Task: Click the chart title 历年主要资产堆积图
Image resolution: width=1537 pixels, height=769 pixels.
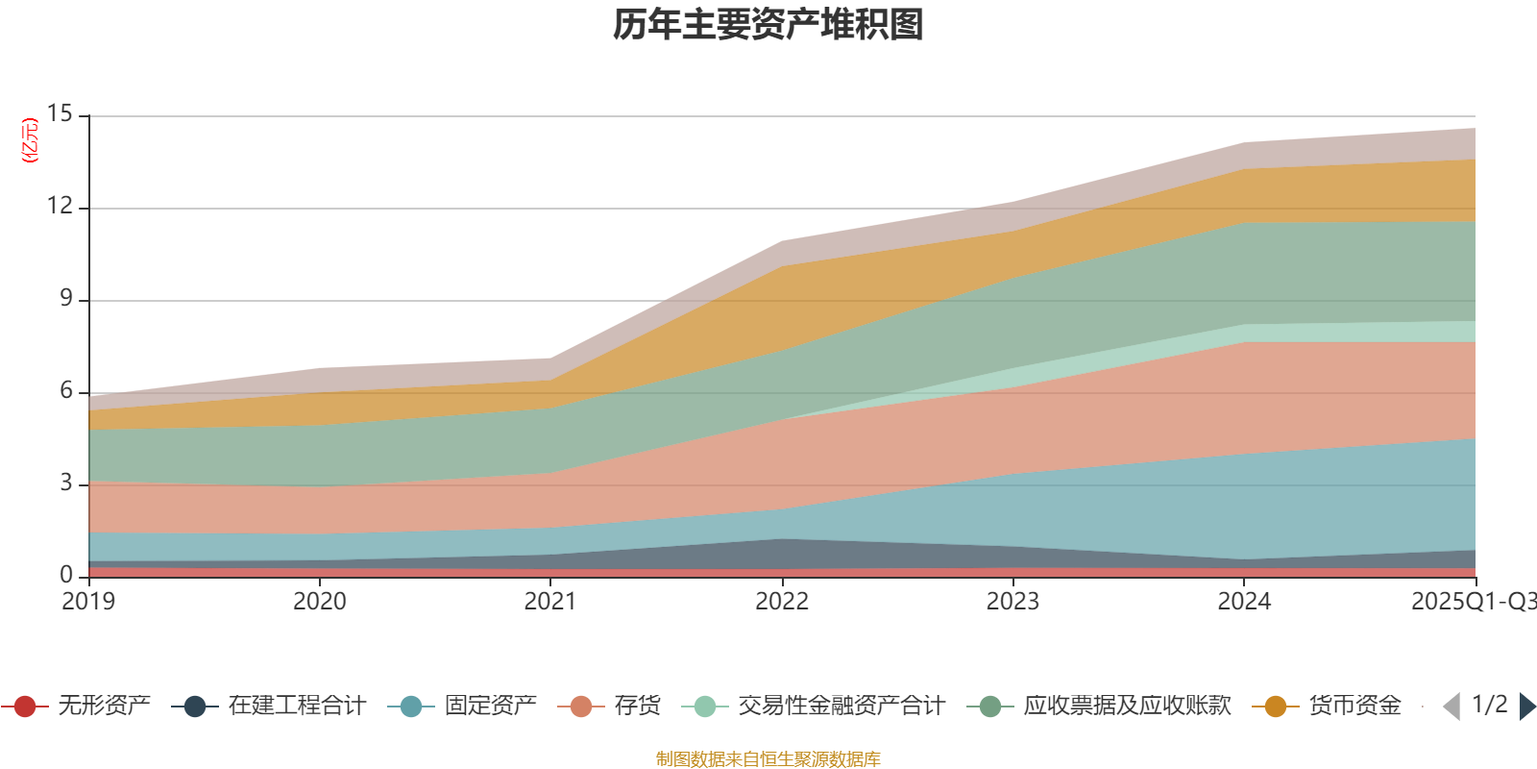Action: (768, 26)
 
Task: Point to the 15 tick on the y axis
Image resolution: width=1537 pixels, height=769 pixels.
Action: (60, 113)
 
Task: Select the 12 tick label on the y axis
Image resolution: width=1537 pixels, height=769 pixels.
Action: (60, 206)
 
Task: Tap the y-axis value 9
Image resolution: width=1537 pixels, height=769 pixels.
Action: (65, 298)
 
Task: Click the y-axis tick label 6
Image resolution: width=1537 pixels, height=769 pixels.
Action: (65, 390)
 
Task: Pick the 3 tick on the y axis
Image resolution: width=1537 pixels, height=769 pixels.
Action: (65, 483)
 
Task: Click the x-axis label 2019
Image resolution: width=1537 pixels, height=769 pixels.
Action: (88, 602)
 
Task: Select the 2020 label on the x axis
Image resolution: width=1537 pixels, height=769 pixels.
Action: (319, 602)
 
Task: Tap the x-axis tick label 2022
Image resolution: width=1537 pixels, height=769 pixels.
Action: (782, 602)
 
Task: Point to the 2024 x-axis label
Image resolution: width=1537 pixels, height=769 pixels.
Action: (1244, 602)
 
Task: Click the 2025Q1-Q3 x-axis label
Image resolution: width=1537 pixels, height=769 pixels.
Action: (1473, 602)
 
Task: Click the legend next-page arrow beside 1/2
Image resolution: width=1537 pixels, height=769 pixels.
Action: (1527, 707)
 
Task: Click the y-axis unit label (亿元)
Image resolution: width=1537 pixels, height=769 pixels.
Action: (30, 140)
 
